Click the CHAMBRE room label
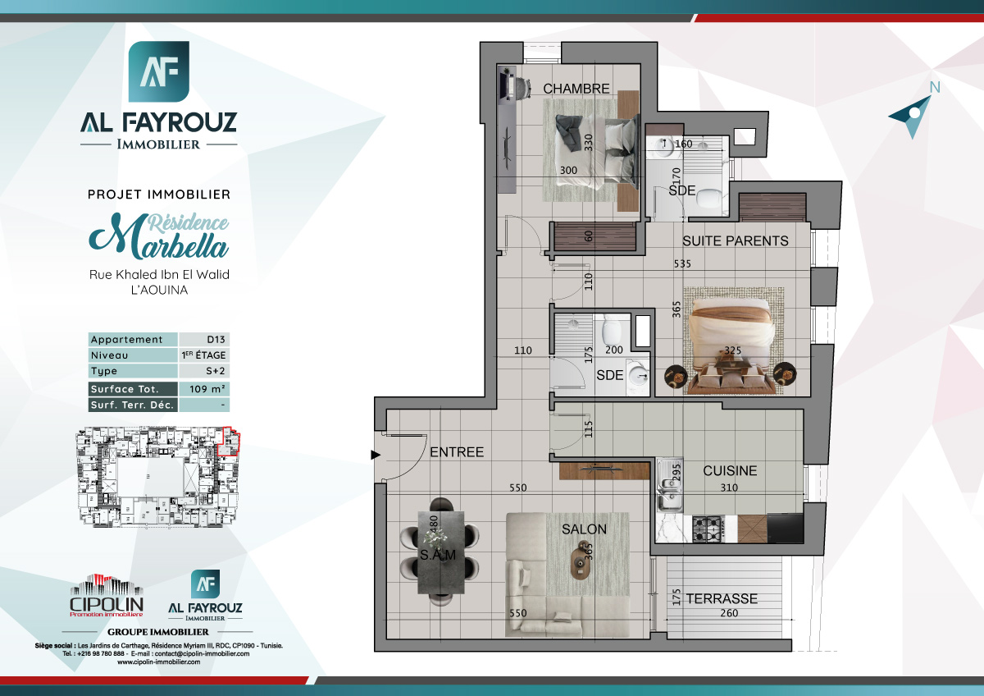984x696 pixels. (x=576, y=89)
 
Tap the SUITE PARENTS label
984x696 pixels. (x=736, y=240)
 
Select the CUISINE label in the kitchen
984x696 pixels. (x=730, y=471)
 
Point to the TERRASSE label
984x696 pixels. (x=722, y=598)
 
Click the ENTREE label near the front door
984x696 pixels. (x=457, y=452)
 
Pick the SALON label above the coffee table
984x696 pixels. (x=584, y=529)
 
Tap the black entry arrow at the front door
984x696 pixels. (x=375, y=454)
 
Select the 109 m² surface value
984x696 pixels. (x=203, y=389)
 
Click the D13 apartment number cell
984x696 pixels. (x=203, y=340)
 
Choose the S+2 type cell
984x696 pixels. (x=203, y=372)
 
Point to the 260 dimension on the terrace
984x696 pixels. (x=726, y=613)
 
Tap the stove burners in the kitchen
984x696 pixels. (x=708, y=527)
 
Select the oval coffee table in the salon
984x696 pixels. (x=581, y=565)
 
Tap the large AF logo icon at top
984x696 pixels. (x=159, y=72)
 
